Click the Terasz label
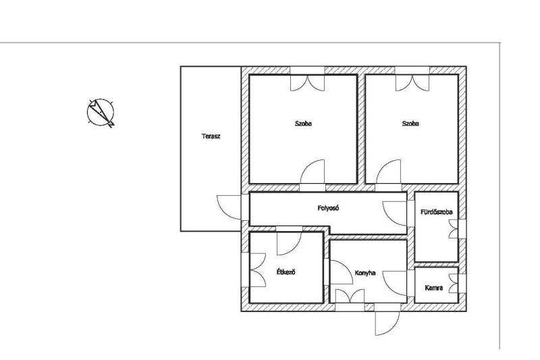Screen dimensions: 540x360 point(211,136)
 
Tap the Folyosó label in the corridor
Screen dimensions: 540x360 point(329,208)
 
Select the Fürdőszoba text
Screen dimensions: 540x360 point(436,212)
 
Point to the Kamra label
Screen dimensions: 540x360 point(434,288)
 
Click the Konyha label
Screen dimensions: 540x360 point(365,273)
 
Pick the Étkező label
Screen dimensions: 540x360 point(286,272)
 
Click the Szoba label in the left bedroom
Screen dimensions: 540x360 point(303,124)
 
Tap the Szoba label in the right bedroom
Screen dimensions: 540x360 point(410,124)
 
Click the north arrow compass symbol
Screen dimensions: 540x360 point(101,113)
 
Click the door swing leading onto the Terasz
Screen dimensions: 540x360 point(229,207)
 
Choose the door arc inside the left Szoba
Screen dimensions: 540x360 point(313,172)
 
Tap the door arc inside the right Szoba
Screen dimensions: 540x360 point(389,172)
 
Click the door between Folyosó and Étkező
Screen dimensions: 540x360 point(290,243)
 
